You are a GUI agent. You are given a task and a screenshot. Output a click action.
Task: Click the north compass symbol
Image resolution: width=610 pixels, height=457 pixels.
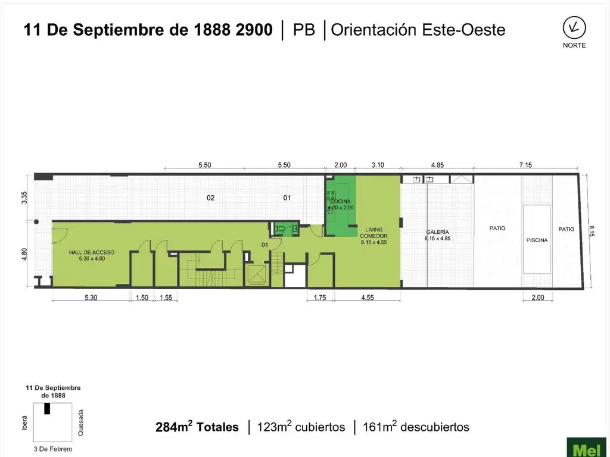(x=574, y=27)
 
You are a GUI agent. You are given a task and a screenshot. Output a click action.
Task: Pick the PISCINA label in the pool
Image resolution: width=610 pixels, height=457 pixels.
(x=537, y=240)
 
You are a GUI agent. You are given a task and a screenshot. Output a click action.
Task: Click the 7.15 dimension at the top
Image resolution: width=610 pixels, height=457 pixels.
(x=525, y=165)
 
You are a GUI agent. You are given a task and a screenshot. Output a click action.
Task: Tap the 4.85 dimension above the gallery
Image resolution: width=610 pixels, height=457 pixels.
(x=437, y=165)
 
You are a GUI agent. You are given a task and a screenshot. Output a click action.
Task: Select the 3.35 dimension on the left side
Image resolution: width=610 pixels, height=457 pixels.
(x=24, y=198)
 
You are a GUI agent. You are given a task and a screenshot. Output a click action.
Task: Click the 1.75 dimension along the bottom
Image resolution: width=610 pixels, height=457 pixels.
(x=320, y=298)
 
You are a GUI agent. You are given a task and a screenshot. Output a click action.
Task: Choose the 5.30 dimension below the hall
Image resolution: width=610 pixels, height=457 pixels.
(x=91, y=298)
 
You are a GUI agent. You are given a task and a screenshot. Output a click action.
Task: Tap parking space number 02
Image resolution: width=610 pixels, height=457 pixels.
(x=210, y=198)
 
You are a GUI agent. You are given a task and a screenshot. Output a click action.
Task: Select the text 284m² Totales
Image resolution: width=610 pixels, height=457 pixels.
(x=197, y=427)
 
